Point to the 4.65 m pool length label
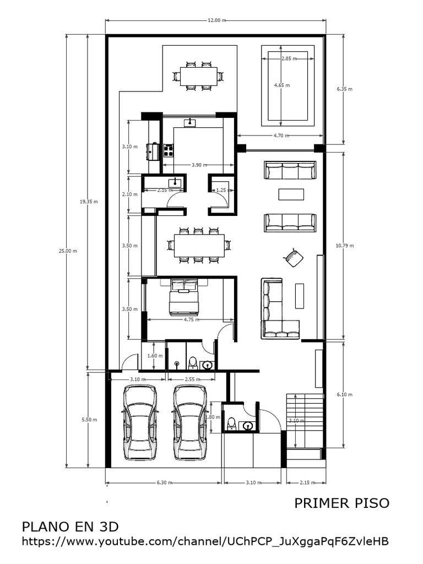tap(282, 85)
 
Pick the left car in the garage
tap(140, 422)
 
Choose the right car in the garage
tap(190, 422)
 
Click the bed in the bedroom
tap(183, 297)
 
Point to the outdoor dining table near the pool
tap(198, 76)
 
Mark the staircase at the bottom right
tap(303, 421)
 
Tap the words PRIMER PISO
tap(341, 503)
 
